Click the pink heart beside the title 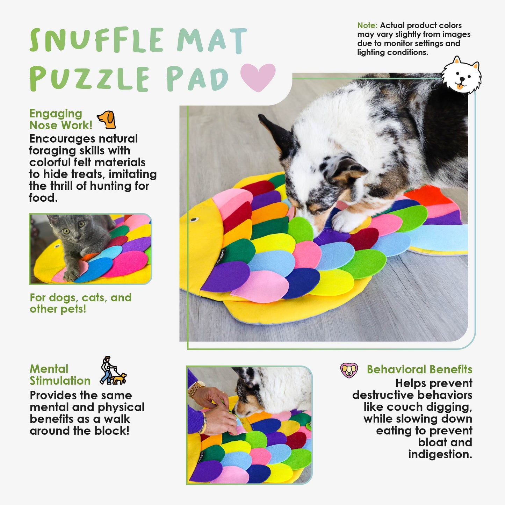(x=258, y=77)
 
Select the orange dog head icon (x=107, y=120)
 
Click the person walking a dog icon (x=113, y=370)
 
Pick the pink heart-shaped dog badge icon (x=349, y=370)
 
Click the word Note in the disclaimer (x=367, y=26)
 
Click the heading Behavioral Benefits (x=419, y=369)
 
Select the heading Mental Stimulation (x=60, y=375)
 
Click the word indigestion (x=440, y=454)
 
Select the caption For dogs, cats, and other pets (x=81, y=303)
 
